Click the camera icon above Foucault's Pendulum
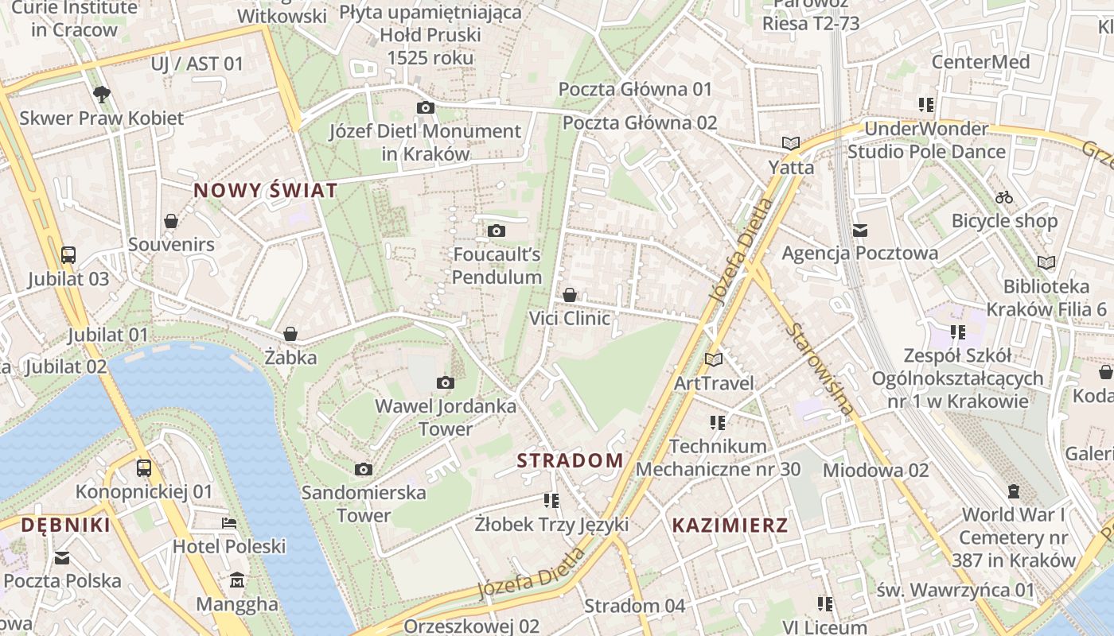point(497,231)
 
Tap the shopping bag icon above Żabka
point(290,334)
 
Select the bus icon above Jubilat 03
point(68,255)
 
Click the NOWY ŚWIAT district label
point(266,191)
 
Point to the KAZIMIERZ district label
point(730,525)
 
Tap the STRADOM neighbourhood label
point(570,460)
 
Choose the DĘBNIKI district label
point(65,525)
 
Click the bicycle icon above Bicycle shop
point(1004,197)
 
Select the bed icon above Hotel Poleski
point(229,523)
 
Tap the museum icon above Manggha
point(237,580)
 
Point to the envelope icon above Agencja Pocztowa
point(859,231)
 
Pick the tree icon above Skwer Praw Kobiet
point(101,95)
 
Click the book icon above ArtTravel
point(714,359)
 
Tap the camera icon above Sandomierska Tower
point(364,469)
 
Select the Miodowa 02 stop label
point(875,470)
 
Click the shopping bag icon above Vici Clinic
point(570,295)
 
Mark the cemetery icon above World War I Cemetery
point(1014,491)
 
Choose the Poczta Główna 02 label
point(640,122)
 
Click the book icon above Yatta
point(790,144)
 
